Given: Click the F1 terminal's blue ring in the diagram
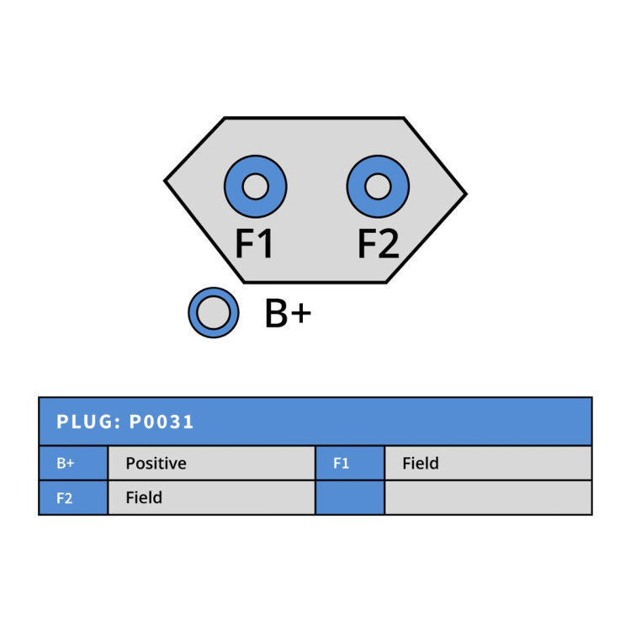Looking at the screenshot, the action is tap(234, 187).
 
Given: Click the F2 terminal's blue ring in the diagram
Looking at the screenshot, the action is tap(357, 187).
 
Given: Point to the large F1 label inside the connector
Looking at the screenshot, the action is tap(254, 243).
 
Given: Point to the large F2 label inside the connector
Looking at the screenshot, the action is tap(379, 243).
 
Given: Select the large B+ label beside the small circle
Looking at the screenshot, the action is tap(288, 313).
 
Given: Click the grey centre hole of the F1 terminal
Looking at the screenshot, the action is tap(256, 187).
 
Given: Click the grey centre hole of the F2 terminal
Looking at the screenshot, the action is tap(378, 187).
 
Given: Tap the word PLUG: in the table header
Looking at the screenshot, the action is tap(88, 422).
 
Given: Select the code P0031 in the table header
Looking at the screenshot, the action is tap(162, 422).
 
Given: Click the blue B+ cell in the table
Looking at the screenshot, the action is tap(73, 464).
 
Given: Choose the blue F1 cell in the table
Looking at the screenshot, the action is tap(350, 464).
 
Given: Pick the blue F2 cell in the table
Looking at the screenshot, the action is tap(73, 498).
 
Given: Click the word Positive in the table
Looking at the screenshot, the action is tap(156, 464).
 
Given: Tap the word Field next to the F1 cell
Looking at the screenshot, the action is tap(421, 464).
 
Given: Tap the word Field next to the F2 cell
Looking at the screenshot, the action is tap(144, 498).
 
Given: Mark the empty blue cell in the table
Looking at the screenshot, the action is tap(350, 498).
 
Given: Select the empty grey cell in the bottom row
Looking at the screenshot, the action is tap(488, 498).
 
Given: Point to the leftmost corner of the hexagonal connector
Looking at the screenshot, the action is tap(165, 181).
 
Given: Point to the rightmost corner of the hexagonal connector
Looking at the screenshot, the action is tap(466, 194).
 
